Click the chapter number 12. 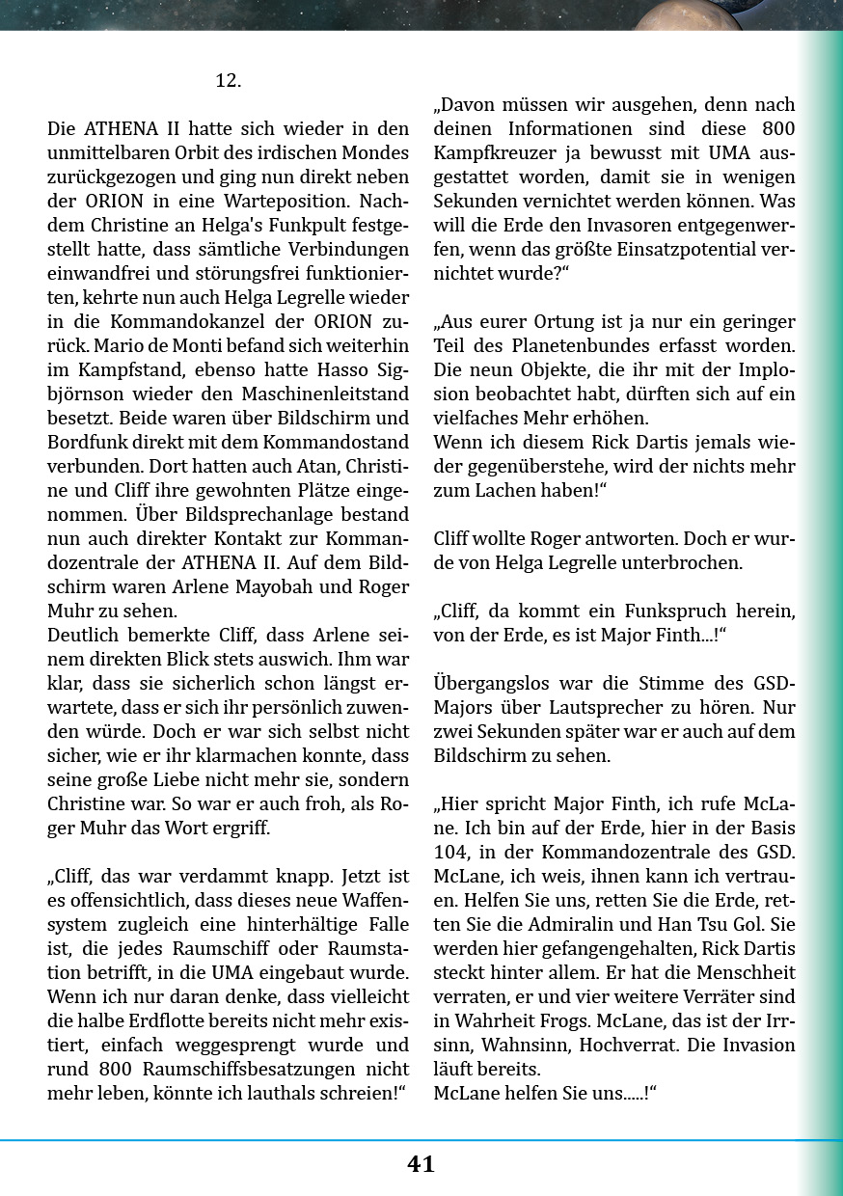[228, 81]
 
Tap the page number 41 [421, 1164]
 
